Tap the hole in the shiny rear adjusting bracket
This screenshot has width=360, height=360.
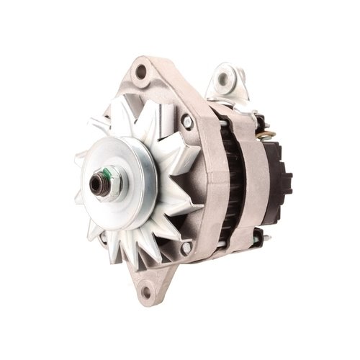[x=225, y=74]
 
